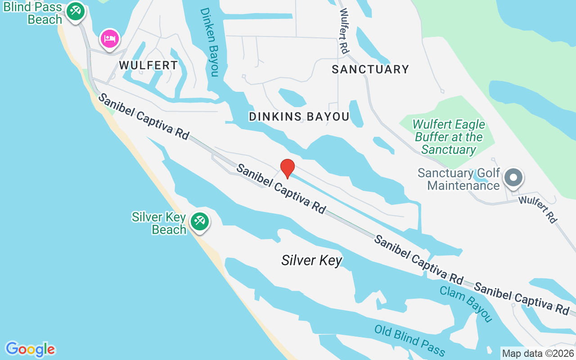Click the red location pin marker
coord(288,168)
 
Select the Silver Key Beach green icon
coord(199,221)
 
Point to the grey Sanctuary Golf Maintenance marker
coord(513,177)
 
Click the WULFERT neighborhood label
coord(148,65)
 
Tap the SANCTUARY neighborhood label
coord(370,69)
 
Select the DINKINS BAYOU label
coord(299,117)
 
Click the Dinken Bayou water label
coord(209,42)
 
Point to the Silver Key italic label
coord(312,260)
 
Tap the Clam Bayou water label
coord(465,304)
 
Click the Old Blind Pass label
coord(409,341)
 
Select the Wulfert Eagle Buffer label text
coord(449,137)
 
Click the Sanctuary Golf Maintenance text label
coord(459,179)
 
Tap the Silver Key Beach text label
coord(159,223)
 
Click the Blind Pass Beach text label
coord(33,13)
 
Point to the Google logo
coord(31,349)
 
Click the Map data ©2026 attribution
coord(538,353)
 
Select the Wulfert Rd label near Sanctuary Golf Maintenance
coord(538,209)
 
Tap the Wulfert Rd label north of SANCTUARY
coord(344,31)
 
